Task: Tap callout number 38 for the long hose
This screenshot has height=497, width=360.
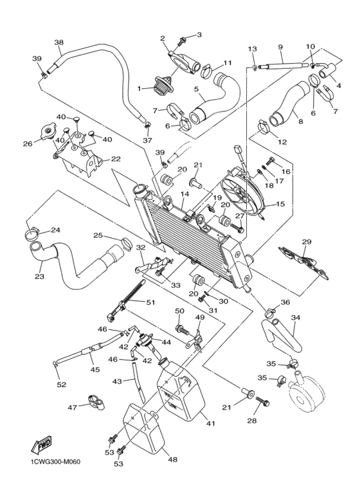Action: pyautogui.click(x=59, y=43)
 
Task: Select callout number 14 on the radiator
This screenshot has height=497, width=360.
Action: pyautogui.click(x=184, y=194)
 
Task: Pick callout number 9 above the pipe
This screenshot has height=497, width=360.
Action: pyautogui.click(x=280, y=47)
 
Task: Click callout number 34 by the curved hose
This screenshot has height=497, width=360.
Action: pyautogui.click(x=296, y=317)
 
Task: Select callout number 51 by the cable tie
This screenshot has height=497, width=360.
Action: pyautogui.click(x=151, y=302)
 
